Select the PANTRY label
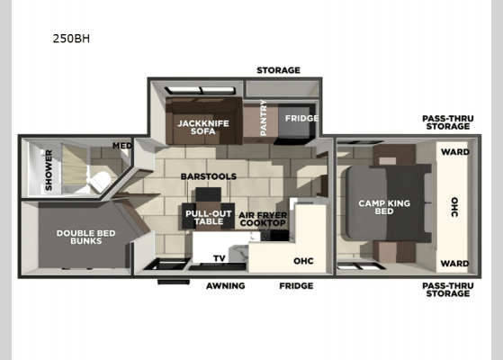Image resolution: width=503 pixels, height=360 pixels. (264, 123)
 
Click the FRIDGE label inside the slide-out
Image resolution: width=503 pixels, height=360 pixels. (296, 118)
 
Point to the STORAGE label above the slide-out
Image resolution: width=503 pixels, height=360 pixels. (278, 70)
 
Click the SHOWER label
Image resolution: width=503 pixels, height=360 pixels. (49, 169)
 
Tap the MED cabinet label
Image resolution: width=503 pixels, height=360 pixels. (121, 145)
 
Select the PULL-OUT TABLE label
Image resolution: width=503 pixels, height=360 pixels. (204, 217)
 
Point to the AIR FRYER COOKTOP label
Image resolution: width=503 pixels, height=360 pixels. (263, 219)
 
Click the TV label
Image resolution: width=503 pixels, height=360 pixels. (219, 257)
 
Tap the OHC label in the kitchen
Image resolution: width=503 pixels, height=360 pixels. (303, 262)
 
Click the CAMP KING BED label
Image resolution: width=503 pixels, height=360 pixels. (383, 208)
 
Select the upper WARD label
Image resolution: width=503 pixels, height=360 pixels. (454, 152)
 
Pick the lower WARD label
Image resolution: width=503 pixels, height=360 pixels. (454, 264)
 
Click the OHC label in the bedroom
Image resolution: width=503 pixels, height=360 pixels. (454, 207)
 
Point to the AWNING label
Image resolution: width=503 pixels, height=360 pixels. (224, 285)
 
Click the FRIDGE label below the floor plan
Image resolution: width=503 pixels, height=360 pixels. (295, 285)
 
